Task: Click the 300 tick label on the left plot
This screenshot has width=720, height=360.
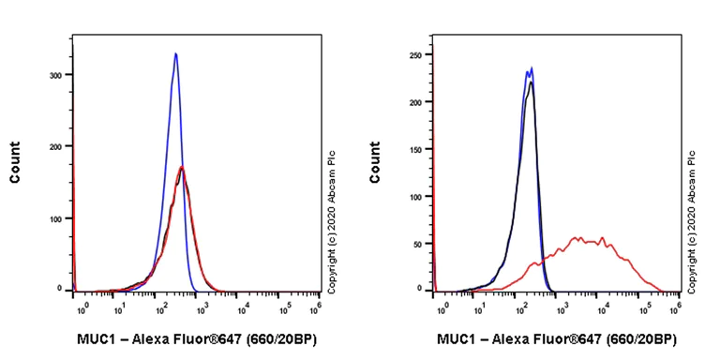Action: pos(56,75)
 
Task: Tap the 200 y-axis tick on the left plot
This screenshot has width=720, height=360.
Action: pos(56,147)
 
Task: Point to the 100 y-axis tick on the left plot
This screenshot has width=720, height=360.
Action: pos(56,218)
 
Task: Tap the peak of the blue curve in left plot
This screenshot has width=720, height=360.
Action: pos(175,54)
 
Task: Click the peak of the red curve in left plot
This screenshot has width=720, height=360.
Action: pos(182,168)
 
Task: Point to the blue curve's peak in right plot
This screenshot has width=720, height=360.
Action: pos(532,67)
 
